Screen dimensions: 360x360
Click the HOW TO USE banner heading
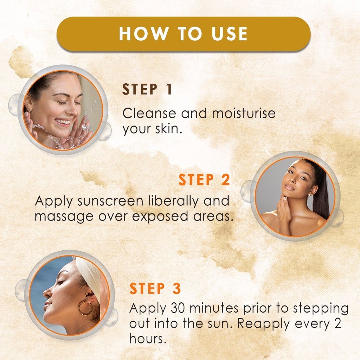click(183, 34)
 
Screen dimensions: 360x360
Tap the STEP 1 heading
click(147, 90)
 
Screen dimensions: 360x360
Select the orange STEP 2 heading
click(204, 180)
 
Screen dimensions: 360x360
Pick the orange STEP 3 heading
click(155, 288)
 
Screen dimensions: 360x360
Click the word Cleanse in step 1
click(149, 114)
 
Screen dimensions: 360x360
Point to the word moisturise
click(244, 114)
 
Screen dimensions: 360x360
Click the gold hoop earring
click(85, 308)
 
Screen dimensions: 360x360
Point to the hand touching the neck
click(283, 212)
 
